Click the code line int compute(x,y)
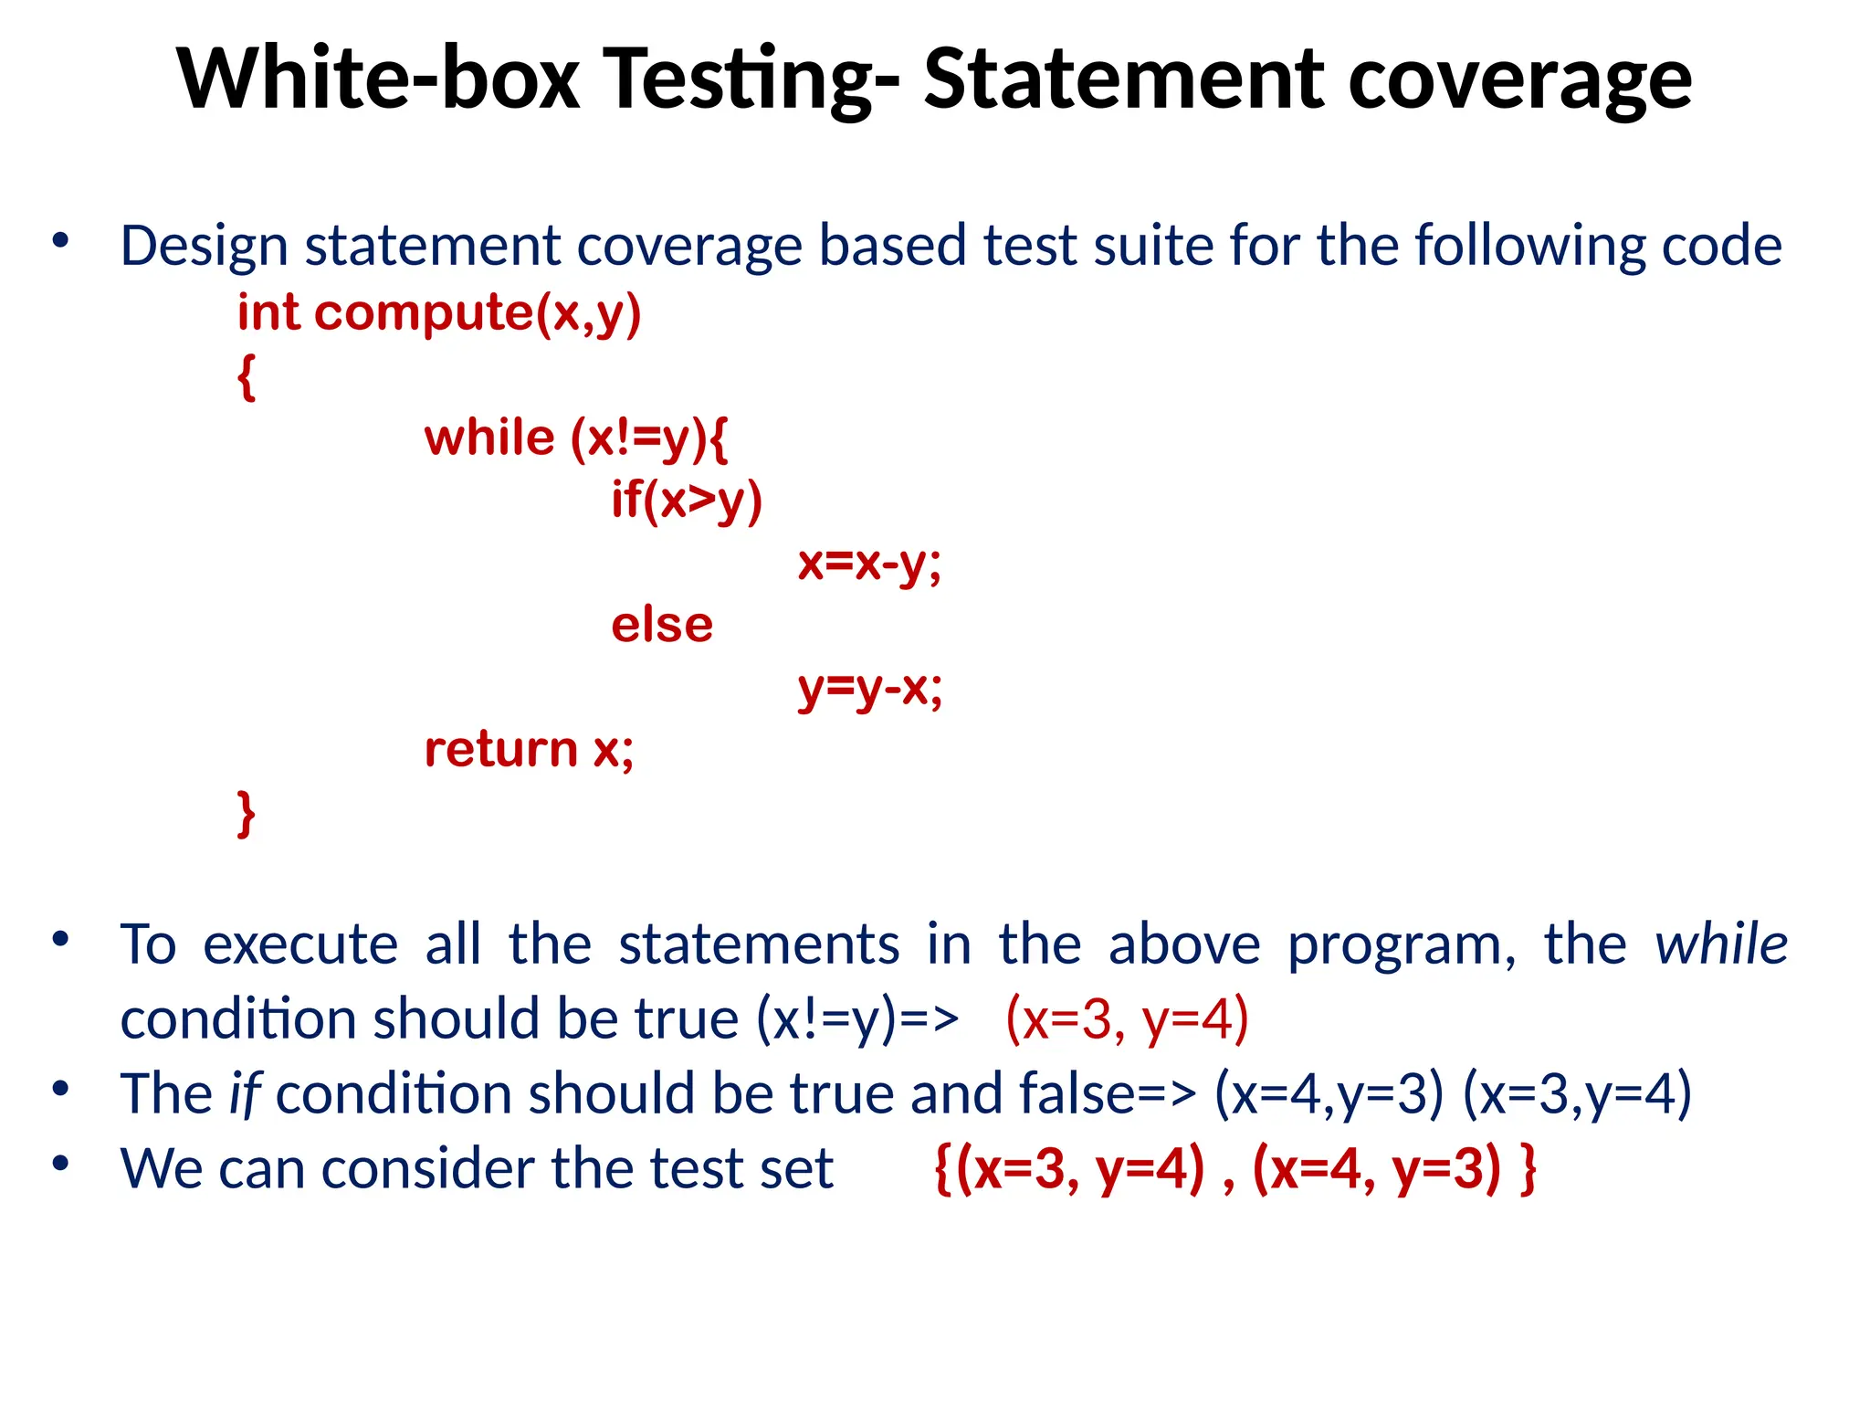439,313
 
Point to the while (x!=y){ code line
576,438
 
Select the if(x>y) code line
687,501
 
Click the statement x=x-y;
869,563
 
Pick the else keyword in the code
662,626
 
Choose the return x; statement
529,750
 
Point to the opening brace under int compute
246,376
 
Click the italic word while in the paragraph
1721,944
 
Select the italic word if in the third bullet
245,1093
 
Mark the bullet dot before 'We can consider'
61,1164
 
